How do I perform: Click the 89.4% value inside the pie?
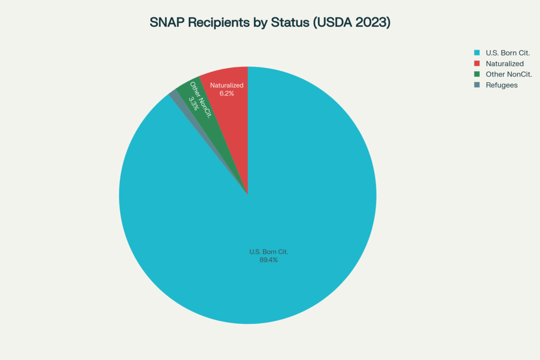click(268, 260)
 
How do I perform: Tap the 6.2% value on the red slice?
click(226, 93)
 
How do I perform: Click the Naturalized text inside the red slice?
click(226, 85)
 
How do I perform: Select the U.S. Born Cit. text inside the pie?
click(268, 251)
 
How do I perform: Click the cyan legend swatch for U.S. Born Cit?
click(477, 53)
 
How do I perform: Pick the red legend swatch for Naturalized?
click(477, 63)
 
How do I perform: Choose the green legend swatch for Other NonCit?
click(477, 74)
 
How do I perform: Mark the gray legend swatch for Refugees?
click(477, 85)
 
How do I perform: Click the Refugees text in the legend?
click(502, 85)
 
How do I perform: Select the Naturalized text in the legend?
click(505, 63)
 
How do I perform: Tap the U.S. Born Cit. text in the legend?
click(508, 53)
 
